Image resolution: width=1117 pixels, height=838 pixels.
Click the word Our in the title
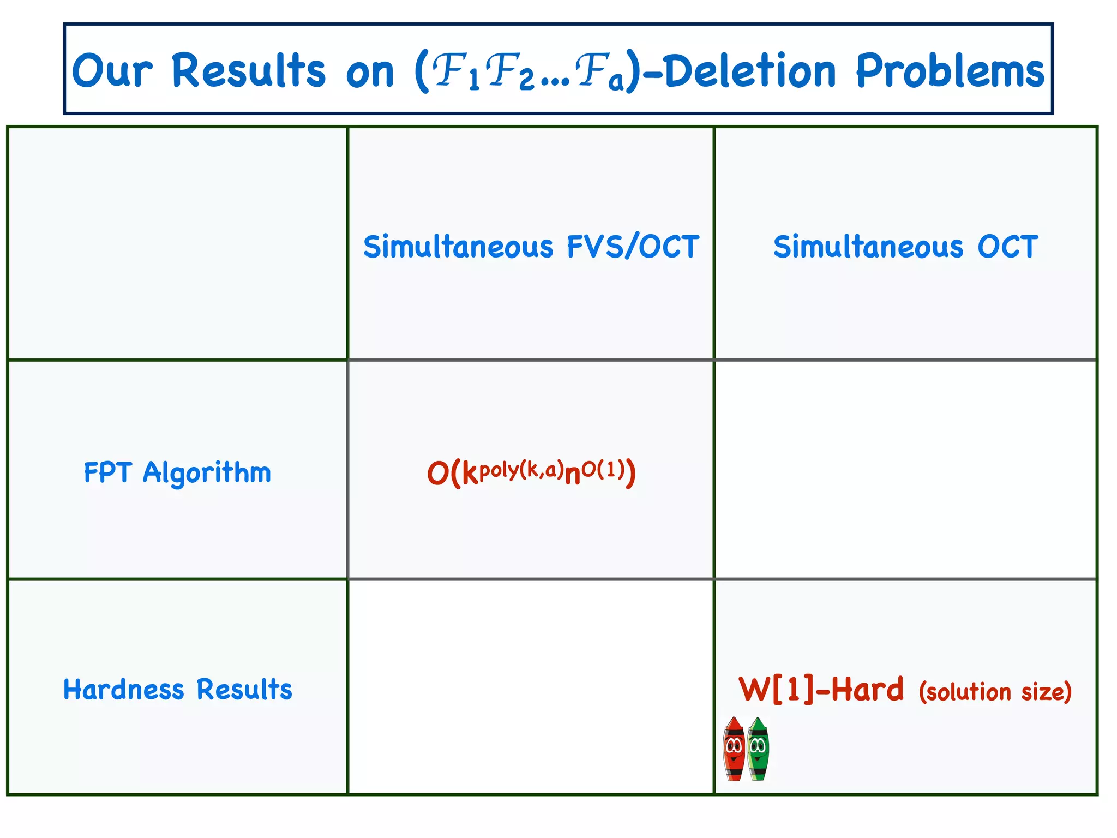[112, 71]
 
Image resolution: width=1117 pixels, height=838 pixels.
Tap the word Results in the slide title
[248, 71]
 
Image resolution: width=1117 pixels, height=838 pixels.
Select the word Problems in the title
[950, 71]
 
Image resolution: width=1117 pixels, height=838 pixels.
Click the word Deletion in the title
[750, 71]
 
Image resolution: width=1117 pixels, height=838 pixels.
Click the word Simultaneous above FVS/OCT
[458, 247]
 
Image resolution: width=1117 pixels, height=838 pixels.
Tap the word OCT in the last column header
[1007, 247]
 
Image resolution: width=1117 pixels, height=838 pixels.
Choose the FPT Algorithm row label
[177, 472]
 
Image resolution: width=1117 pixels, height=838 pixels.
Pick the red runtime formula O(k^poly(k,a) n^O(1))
[531, 472]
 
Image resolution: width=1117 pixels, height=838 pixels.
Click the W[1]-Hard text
[821, 690]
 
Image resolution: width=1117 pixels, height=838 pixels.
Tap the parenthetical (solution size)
[995, 692]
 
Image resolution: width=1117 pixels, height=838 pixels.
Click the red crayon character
[734, 749]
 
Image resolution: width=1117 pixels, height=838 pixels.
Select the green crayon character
[758, 749]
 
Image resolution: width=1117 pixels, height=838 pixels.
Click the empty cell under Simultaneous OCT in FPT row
[905, 469]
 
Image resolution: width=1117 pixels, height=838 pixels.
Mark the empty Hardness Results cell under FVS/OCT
[531, 686]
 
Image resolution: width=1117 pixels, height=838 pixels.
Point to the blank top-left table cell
[177, 243]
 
